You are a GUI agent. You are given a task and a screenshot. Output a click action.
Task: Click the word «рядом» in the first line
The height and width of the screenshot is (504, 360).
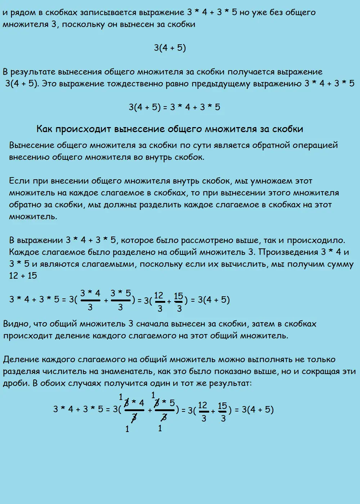[21, 13]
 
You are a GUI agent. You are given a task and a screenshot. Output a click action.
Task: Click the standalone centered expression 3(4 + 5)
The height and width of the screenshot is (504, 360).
[170, 48]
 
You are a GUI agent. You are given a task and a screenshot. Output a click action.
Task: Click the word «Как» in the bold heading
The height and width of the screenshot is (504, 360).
[45, 129]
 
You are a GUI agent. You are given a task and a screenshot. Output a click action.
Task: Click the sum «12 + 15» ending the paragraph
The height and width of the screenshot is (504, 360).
[23, 276]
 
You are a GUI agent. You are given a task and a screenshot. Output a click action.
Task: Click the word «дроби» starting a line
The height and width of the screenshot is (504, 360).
[15, 383]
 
